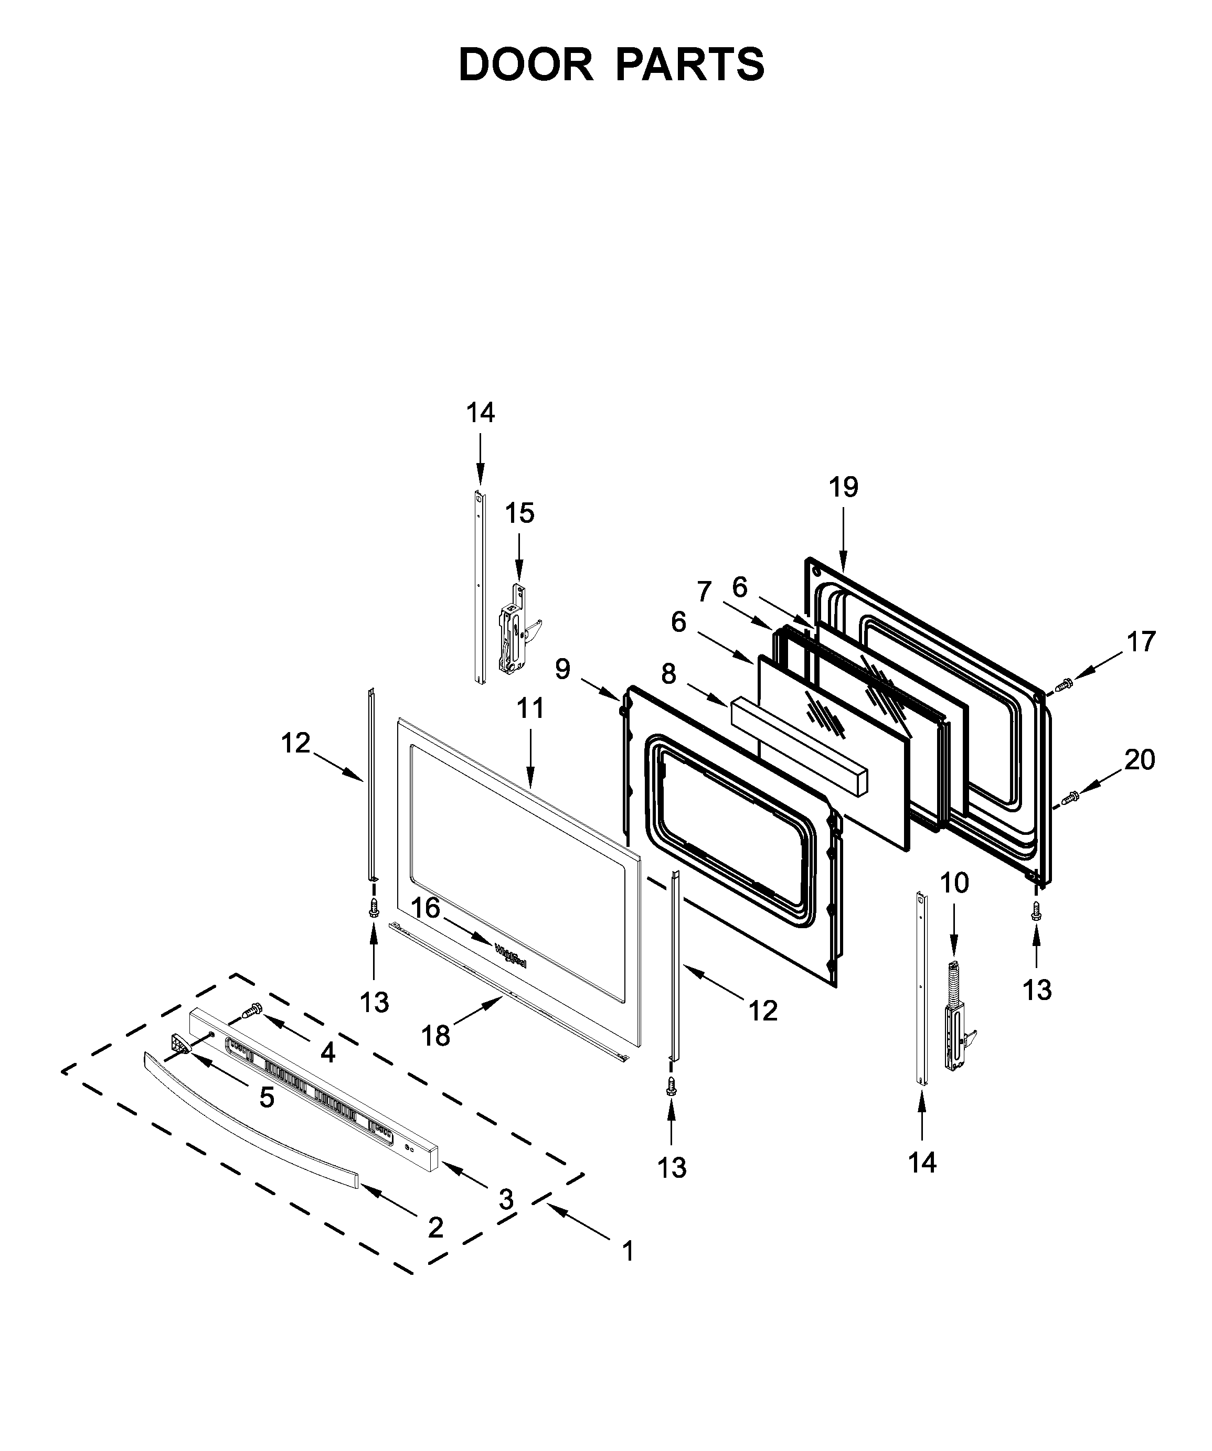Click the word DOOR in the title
(x=525, y=65)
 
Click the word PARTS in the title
(x=689, y=65)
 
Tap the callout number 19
(x=844, y=487)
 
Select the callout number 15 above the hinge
(x=519, y=513)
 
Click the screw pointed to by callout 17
(x=1064, y=684)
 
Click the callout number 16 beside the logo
(x=426, y=907)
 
